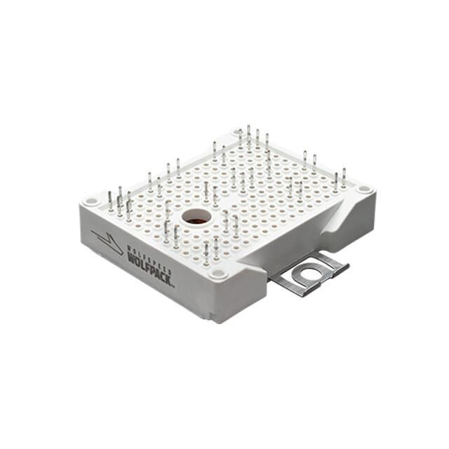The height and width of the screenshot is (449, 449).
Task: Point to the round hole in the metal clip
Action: point(307,274)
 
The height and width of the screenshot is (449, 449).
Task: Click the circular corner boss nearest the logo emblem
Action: point(91,201)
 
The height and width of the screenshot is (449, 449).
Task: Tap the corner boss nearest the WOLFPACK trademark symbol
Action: point(218,274)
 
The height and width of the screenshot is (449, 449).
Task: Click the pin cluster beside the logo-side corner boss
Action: point(119,203)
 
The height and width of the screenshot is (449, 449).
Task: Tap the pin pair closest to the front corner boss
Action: point(210,250)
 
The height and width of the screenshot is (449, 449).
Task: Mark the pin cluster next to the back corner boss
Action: point(253,139)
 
